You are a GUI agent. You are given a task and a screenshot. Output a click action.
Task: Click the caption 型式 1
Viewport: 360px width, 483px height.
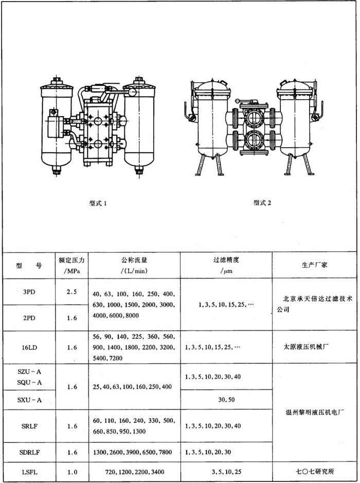[98, 203]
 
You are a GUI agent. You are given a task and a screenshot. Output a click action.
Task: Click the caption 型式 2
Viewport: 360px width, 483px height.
[262, 202]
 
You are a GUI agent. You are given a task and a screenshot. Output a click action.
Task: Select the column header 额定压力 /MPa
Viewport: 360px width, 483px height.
[71, 266]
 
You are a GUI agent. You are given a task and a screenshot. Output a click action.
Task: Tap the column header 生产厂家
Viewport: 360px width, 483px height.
[314, 265]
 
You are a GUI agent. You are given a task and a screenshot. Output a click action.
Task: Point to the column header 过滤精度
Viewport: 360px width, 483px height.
[226, 260]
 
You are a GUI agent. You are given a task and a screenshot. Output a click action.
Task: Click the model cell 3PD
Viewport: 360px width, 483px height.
[29, 292]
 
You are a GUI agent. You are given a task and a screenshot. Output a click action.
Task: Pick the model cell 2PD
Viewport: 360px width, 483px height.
[29, 318]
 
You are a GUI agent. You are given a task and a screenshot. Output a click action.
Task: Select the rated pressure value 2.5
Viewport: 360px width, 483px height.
[71, 292]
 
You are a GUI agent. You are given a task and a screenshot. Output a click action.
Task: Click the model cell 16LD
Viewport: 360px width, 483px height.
[29, 347]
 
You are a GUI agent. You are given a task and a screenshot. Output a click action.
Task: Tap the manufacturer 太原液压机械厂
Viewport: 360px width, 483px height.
[306, 347]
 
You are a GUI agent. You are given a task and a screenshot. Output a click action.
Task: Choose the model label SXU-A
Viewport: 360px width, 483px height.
[29, 400]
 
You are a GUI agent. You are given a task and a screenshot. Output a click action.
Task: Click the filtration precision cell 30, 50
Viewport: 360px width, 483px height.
[226, 400]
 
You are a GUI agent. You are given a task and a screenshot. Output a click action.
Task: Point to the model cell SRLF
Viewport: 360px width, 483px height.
[29, 426]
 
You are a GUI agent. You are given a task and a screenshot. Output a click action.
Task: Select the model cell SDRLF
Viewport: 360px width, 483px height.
[29, 453]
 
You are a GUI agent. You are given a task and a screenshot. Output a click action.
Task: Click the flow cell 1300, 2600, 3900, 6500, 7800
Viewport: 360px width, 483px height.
[132, 453]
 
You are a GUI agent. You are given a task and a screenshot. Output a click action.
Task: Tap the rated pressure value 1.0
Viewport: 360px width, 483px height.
[71, 472]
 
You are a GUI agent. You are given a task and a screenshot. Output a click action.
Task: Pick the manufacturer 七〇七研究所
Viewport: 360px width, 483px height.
[315, 471]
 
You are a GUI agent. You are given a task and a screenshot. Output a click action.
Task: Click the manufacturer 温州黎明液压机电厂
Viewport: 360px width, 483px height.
[314, 412]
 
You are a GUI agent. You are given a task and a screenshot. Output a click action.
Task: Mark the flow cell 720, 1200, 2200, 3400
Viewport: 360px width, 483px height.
[135, 472]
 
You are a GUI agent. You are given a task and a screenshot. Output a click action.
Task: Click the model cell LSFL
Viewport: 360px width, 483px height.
[29, 472]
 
